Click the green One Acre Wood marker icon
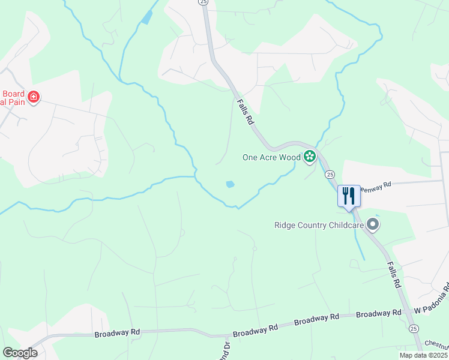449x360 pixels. pos(310,157)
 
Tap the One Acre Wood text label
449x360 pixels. pos(271,158)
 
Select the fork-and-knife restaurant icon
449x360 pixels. pos(349,194)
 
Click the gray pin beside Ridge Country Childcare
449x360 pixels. pos(373,225)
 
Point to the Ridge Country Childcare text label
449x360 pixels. pos(318,226)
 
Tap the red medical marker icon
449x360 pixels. pos(33,97)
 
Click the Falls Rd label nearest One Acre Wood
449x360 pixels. pos(246,112)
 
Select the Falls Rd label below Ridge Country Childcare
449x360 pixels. pos(394,275)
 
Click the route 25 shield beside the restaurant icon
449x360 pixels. pos(330,174)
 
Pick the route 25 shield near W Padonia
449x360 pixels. pos(414,328)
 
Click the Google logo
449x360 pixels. pos(20,353)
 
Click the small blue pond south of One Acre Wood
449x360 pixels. pos(230,184)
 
